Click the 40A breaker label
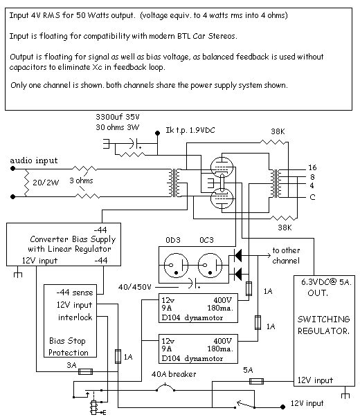(174, 374)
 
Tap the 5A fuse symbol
(256, 381)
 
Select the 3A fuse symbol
(85, 371)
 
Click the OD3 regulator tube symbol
(176, 266)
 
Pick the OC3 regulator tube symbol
(210, 266)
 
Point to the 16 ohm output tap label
(312, 167)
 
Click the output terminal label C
(312, 197)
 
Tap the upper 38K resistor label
(278, 131)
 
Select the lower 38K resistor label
(285, 228)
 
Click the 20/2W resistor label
(46, 183)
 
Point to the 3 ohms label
(81, 180)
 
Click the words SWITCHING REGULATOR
(323, 325)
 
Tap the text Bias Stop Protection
(68, 346)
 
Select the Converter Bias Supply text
(73, 239)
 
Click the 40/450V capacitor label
(135, 287)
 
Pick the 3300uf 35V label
(118, 117)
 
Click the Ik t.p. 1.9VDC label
(190, 130)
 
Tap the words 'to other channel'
(286, 256)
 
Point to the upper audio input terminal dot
(12, 168)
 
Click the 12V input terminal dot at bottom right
(282, 407)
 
